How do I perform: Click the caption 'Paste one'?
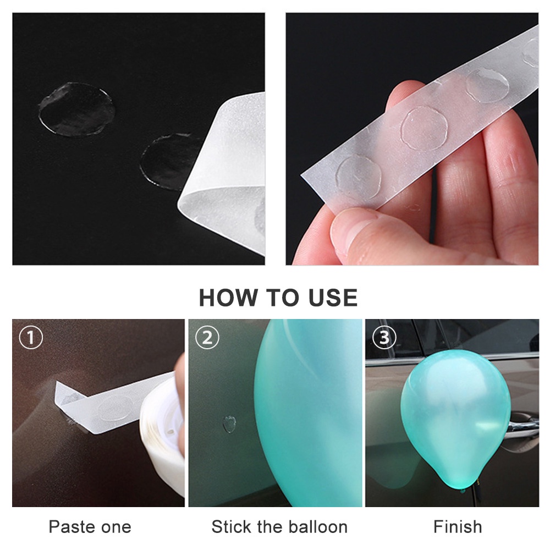tap(90, 526)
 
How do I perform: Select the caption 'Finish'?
tap(458, 526)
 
